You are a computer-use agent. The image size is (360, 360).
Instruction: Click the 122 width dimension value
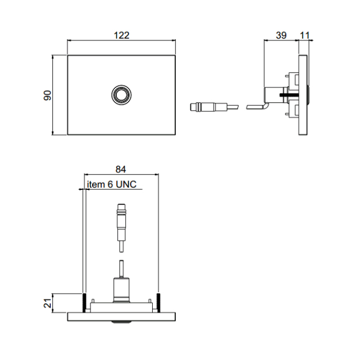tap(121, 35)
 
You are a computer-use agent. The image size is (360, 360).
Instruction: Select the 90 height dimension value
tap(47, 95)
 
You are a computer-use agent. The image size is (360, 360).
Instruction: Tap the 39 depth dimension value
tap(281, 35)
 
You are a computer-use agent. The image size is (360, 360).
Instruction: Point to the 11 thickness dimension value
tap(304, 35)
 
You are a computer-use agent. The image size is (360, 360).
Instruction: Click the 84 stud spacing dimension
tap(121, 169)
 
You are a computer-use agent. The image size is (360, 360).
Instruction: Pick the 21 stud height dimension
tap(47, 303)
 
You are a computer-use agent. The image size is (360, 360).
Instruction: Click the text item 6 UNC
tap(112, 184)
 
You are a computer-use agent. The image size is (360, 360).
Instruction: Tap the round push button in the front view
tap(121, 95)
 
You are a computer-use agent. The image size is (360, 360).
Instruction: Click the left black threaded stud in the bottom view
tap(84, 302)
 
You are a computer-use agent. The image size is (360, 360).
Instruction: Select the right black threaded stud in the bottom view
tap(158, 302)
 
